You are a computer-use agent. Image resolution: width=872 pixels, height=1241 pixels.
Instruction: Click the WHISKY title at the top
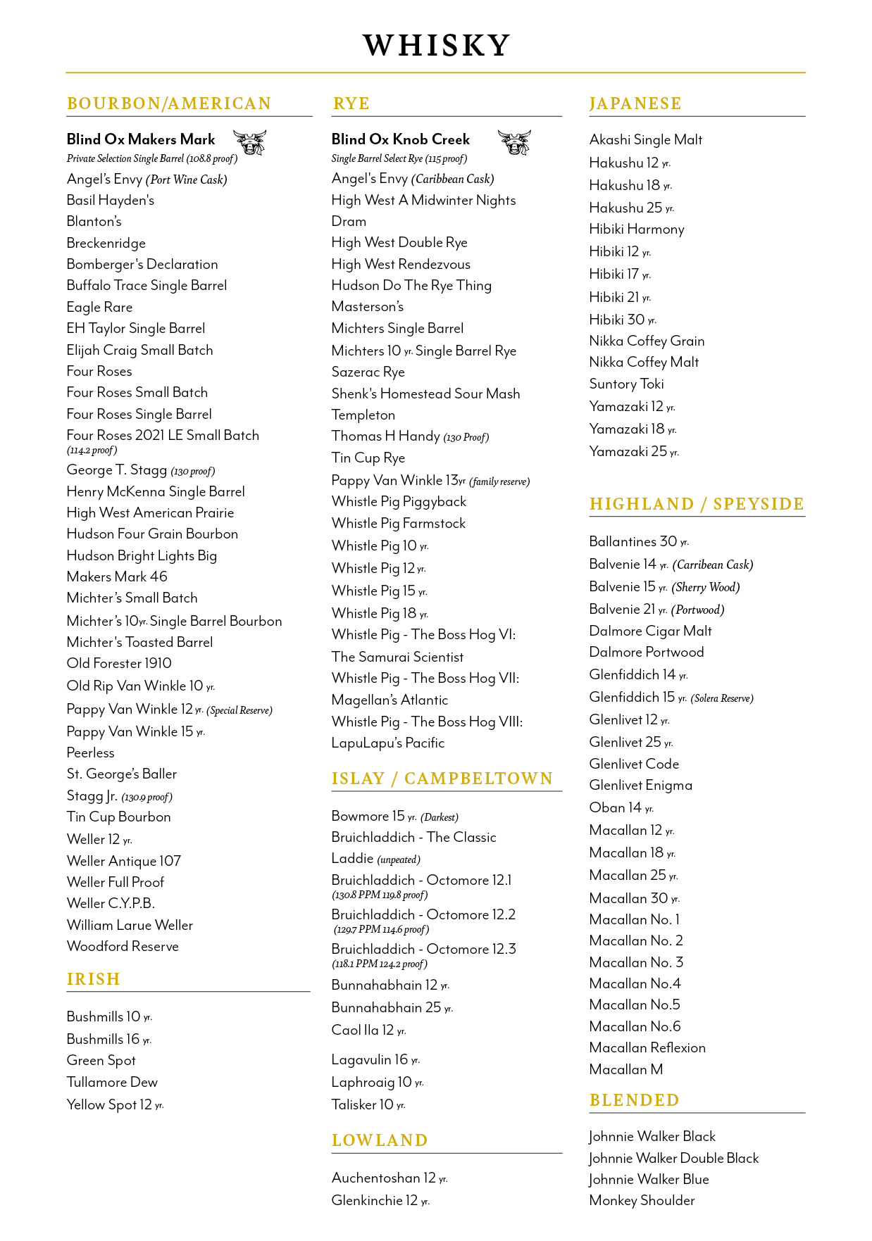tap(436, 46)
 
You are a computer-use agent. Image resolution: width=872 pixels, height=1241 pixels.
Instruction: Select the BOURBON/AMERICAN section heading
tap(169, 103)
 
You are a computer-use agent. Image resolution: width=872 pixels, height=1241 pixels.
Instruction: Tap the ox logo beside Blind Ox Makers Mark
tap(250, 142)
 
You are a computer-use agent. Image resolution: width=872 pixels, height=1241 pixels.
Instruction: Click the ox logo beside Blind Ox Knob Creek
tap(514, 142)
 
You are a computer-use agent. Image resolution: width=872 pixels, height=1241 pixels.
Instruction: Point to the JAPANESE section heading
tap(635, 103)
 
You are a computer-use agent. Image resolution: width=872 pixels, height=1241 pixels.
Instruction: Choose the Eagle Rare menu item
tap(99, 307)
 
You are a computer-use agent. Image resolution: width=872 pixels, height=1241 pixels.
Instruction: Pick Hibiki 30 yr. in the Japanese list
tap(623, 320)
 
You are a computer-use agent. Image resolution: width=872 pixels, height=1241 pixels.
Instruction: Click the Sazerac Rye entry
tap(368, 372)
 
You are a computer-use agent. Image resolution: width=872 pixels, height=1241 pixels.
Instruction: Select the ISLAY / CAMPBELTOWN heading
tap(442, 779)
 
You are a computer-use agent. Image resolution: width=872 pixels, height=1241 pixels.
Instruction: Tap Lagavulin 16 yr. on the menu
tap(375, 1059)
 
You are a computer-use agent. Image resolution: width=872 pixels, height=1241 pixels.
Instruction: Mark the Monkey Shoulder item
tap(642, 1200)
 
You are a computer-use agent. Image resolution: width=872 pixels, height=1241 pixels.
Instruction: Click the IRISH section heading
tap(94, 979)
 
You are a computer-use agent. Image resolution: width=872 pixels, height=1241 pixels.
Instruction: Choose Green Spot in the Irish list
tap(101, 1060)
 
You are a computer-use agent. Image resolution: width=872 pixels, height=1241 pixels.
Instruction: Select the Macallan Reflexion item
tap(647, 1047)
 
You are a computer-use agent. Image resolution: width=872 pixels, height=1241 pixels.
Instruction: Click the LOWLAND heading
tap(380, 1140)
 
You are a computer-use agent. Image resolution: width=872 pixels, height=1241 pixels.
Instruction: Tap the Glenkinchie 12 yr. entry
tap(380, 1200)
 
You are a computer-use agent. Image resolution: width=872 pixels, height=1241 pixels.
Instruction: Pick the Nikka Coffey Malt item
tap(644, 362)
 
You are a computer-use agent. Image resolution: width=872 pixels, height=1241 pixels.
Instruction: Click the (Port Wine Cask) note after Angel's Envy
tap(187, 179)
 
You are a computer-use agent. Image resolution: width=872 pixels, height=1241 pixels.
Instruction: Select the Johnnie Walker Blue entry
tap(649, 1179)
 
